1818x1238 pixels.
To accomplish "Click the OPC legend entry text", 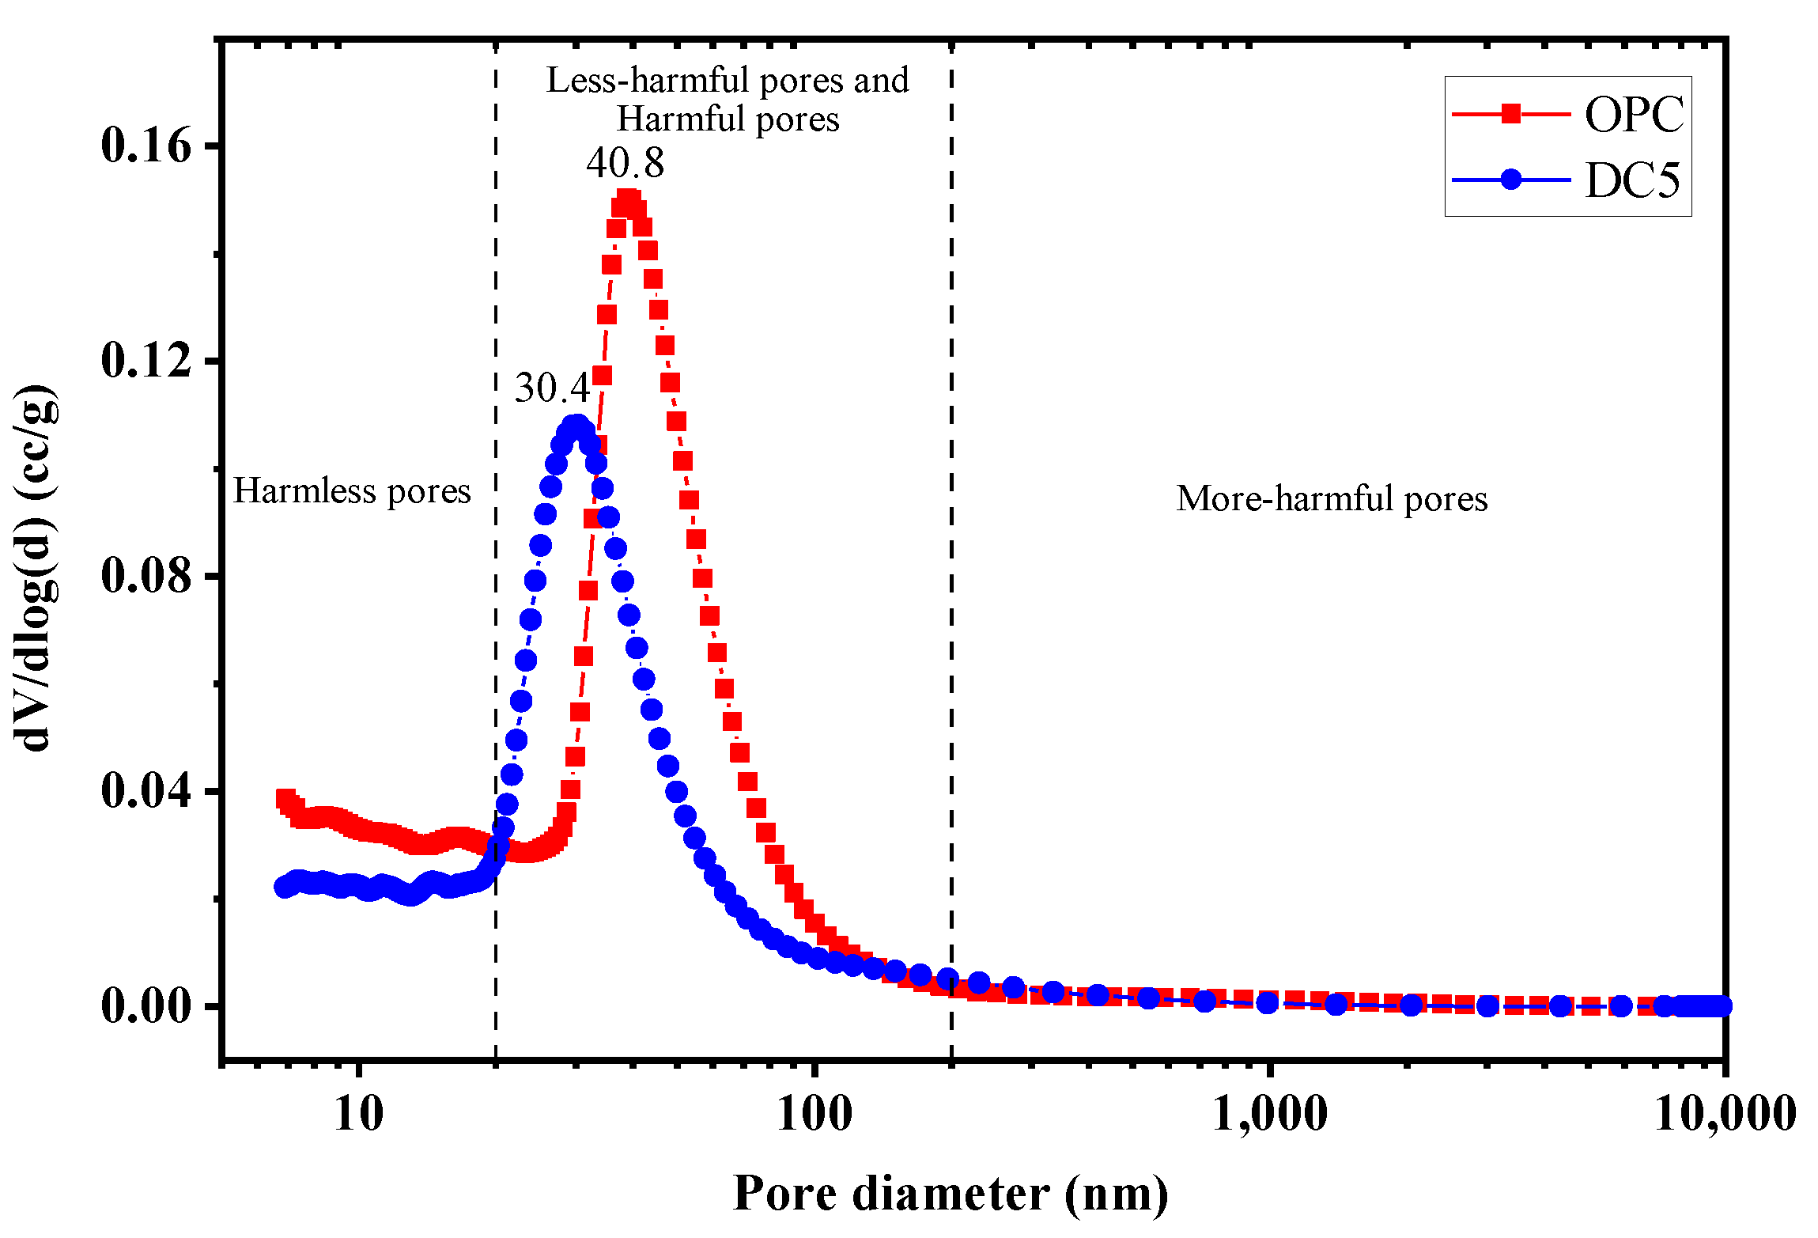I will tap(1634, 115).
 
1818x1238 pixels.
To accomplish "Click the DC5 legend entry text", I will tap(1632, 180).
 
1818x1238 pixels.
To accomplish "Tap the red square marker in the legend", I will tap(1511, 114).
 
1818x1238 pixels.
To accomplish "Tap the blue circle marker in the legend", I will tap(1511, 180).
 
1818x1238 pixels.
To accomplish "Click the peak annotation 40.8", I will tap(625, 163).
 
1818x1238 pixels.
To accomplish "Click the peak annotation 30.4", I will tap(552, 388).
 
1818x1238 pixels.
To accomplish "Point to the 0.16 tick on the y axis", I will tap(147, 146).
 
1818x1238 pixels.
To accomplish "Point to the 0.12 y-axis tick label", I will tap(147, 361).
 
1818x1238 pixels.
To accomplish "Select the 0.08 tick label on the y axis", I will tap(147, 576).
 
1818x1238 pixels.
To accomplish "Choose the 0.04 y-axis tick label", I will tap(147, 791).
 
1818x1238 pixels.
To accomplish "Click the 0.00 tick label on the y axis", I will tap(147, 1006).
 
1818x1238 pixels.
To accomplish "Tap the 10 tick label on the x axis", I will tap(359, 1114).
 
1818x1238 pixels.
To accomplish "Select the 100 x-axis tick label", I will tap(815, 1114).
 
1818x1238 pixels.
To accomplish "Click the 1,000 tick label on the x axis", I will tap(1270, 1114).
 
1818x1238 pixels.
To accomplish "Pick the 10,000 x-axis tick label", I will tap(1724, 1114).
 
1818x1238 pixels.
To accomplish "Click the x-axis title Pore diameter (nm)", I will tap(951, 1194).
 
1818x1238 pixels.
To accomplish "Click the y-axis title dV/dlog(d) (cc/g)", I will tap(36, 568).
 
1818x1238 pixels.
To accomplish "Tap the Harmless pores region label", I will tap(352, 491).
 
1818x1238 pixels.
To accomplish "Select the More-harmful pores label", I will tap(1332, 499).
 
